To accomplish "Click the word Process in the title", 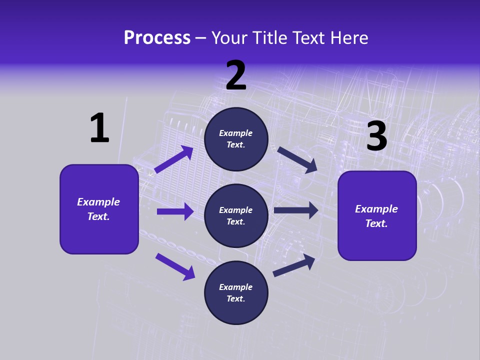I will (x=157, y=38).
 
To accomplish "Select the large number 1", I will (x=99, y=128).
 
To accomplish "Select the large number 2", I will (x=236, y=76).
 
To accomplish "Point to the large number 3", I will (x=376, y=137).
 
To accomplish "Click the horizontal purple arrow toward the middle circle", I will (x=175, y=211).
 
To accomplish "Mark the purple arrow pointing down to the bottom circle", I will (x=175, y=266).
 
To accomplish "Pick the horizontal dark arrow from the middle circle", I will (x=296, y=210).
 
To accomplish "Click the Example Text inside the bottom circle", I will (x=236, y=293).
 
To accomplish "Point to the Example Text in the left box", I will (x=98, y=209).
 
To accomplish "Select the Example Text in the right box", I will (x=376, y=216).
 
